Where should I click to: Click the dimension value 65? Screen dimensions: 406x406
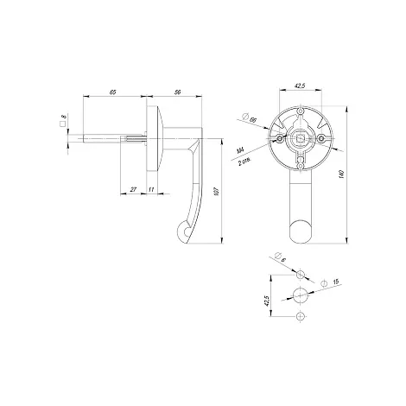112,92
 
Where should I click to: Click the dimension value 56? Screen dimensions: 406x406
178,92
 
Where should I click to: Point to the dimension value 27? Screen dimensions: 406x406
133,189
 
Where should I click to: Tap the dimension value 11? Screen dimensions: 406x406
151,189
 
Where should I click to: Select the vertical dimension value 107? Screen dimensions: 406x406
217,192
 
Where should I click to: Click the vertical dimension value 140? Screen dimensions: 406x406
342,174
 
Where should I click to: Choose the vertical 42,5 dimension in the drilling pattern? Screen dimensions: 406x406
266,301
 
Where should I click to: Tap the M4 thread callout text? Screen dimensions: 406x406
240,150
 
